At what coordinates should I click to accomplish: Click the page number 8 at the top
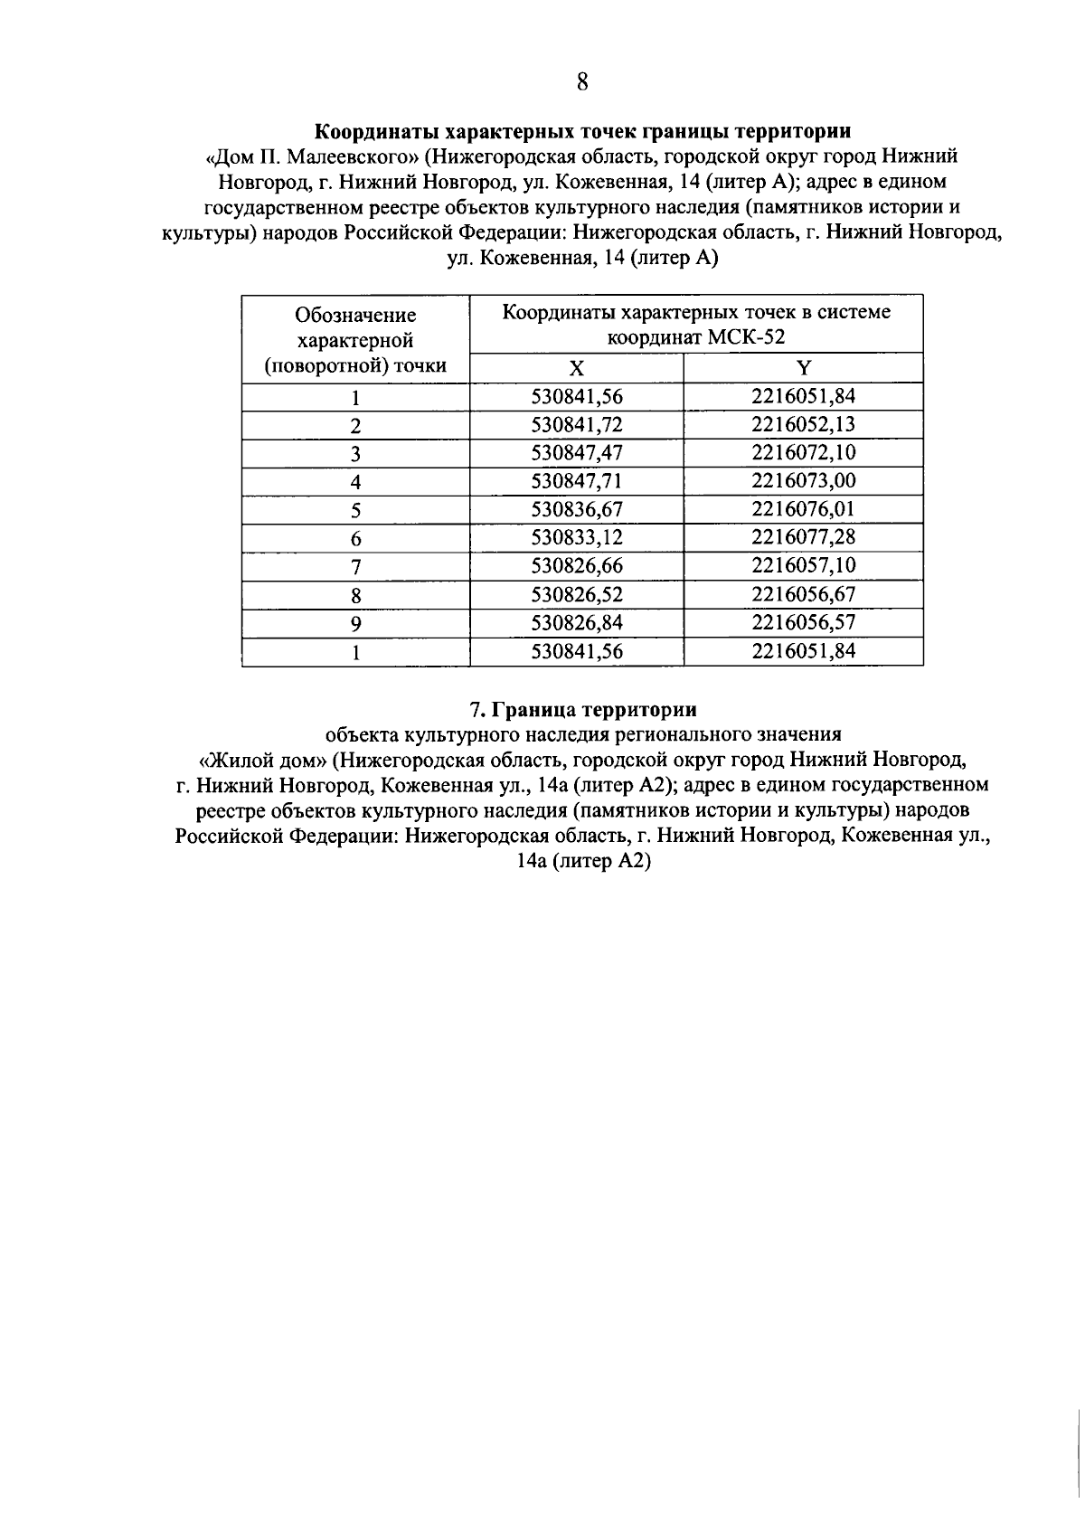click(581, 82)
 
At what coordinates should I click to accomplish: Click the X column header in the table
click(577, 367)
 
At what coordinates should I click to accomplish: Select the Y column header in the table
click(803, 367)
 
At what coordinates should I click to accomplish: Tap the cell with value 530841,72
click(577, 424)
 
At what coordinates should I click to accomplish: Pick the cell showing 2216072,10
click(803, 452)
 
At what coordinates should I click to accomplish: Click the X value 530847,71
click(577, 480)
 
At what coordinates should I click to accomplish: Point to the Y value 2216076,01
click(803, 508)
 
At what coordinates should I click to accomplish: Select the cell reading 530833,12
click(577, 537)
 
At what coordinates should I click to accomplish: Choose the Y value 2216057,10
click(803, 565)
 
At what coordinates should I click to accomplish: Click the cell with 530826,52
click(577, 594)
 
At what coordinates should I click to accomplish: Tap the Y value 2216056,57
click(803, 622)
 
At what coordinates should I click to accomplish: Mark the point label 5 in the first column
click(355, 510)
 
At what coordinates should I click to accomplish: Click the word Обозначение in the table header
click(355, 315)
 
